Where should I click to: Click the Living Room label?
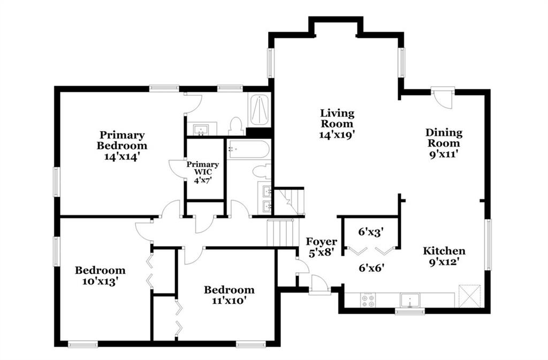[337, 118]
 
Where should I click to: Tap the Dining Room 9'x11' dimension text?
[444, 154]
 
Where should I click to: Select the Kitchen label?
[444, 251]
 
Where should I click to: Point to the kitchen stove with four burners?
[368, 300]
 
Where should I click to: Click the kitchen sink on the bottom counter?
[410, 300]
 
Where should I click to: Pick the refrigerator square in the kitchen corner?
[470, 296]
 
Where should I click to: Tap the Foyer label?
[321, 241]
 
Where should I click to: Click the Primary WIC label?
[203, 168]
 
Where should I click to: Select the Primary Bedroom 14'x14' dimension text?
[122, 156]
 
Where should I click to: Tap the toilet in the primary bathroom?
[236, 126]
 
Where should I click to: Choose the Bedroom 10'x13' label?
[100, 275]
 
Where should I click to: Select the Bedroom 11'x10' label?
[229, 295]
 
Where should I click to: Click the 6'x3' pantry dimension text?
[371, 232]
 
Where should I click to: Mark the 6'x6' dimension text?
[372, 267]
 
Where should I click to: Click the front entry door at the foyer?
[319, 285]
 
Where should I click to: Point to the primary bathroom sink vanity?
[202, 129]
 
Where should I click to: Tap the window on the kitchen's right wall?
[488, 244]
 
